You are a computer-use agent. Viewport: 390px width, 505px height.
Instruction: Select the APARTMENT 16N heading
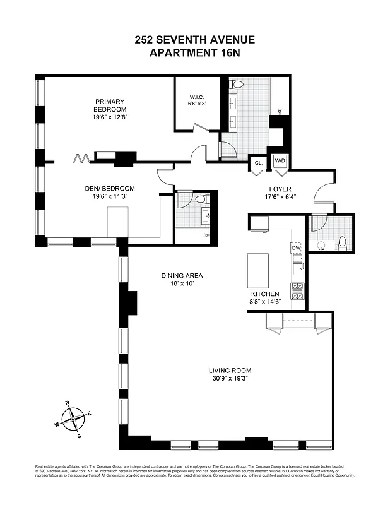[x=194, y=53]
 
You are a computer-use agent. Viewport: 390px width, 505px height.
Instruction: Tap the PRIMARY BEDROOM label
[x=110, y=105]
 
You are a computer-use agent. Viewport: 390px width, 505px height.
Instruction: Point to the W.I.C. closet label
[x=196, y=97]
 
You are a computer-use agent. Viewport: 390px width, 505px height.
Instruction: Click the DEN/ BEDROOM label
[x=110, y=188]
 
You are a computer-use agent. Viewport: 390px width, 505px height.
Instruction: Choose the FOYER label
[x=280, y=188]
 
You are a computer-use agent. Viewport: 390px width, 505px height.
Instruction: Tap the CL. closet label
[x=258, y=162]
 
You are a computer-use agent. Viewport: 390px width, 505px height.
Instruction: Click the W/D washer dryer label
[x=279, y=162]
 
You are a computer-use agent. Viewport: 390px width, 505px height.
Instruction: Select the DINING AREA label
[x=182, y=276]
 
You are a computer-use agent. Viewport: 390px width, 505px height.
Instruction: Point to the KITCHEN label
[x=265, y=294]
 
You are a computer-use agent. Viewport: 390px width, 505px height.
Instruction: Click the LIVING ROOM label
[x=230, y=371]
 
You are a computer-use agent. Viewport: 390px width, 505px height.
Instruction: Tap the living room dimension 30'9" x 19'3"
[x=230, y=379]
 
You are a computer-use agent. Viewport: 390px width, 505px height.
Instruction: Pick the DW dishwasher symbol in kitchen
[x=296, y=247]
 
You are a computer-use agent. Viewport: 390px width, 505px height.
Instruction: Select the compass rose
[x=74, y=417]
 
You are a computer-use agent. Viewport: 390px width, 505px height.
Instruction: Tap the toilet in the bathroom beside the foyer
[x=343, y=243]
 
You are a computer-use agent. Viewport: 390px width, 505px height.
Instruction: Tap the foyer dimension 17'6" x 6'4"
[x=280, y=196]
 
